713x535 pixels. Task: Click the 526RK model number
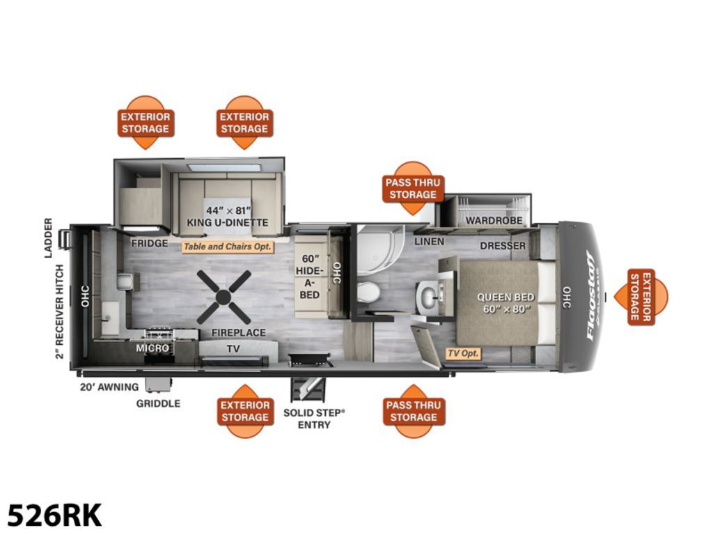[x=54, y=515]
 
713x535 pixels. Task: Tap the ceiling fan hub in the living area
[x=223, y=297]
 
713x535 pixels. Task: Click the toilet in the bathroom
[x=368, y=292]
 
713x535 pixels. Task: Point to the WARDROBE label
[x=494, y=221]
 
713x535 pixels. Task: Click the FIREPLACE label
[x=238, y=332]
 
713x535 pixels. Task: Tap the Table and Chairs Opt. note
[x=228, y=247]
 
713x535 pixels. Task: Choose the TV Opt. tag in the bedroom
[x=463, y=353]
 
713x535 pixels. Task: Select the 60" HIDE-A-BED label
[x=309, y=277]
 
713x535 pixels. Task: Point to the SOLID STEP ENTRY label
[x=314, y=419]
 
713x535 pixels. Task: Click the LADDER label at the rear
[x=48, y=238]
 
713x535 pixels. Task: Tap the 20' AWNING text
[x=109, y=387]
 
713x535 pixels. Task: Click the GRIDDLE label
[x=158, y=403]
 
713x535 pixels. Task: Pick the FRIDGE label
[x=150, y=243]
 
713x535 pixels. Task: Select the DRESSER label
[x=503, y=246]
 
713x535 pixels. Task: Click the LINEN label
[x=429, y=242]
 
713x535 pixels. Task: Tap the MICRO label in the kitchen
[x=152, y=348]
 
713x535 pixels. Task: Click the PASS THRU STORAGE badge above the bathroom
[x=413, y=188]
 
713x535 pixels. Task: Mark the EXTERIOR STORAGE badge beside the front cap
[x=641, y=297]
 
